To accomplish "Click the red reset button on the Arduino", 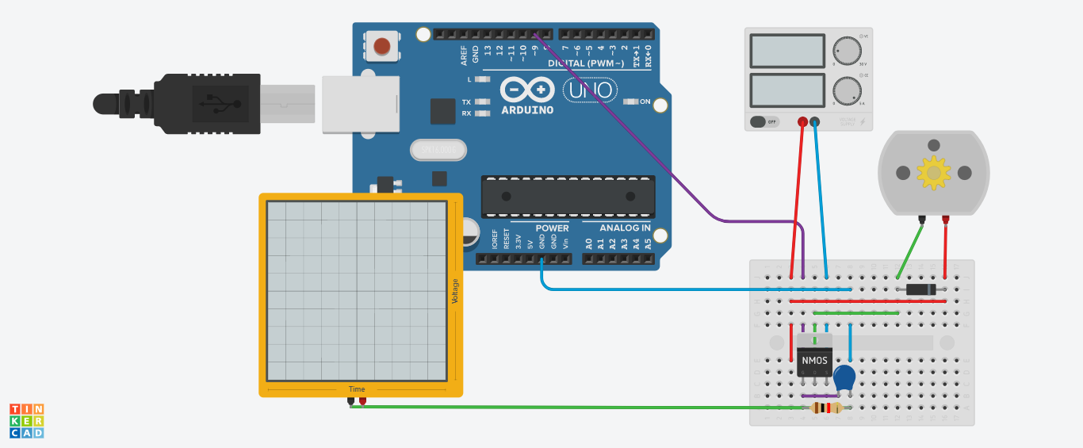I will tap(382, 46).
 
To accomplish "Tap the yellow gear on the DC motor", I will tap(934, 173).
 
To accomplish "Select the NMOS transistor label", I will tap(815, 361).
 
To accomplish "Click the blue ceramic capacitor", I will tap(845, 377).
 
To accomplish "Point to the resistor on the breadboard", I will tap(826, 408).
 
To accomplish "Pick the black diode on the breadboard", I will tap(920, 289).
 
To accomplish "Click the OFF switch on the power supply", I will tap(764, 121).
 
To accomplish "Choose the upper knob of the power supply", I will tap(847, 52).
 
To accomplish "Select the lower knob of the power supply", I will tap(847, 91).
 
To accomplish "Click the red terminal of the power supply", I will tap(802, 122).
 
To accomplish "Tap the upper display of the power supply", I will tap(786, 51).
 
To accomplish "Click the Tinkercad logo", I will tap(26, 420).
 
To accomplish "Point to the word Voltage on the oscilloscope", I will tap(455, 291).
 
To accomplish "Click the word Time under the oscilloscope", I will tap(357, 389).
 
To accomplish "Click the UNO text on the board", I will tap(590, 90).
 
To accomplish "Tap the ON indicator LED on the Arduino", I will tap(631, 101).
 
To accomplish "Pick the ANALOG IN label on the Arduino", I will tap(625, 228).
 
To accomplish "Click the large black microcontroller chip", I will tap(568, 197).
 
